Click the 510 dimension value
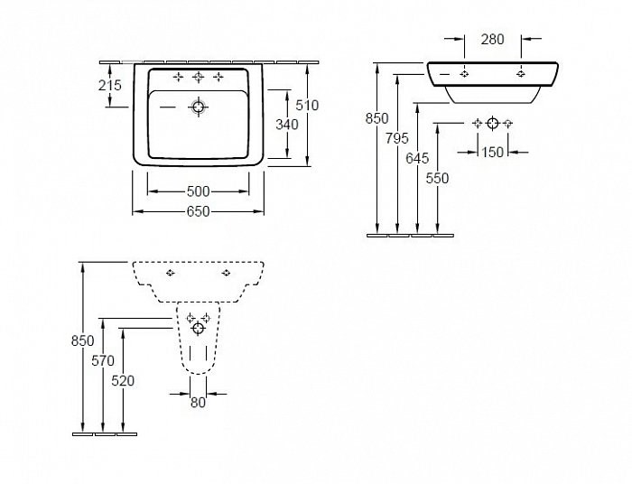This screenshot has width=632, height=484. tap(308, 106)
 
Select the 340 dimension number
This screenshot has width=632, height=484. tap(286, 125)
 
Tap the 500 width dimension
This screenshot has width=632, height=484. tap(198, 191)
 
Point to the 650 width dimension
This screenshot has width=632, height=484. tap(198, 212)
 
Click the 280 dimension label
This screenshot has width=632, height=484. tap(492, 39)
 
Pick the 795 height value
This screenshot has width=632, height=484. tap(397, 138)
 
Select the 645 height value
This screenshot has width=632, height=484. tap(417, 158)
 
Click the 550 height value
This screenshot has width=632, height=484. tap(437, 179)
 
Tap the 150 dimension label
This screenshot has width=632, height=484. tap(492, 153)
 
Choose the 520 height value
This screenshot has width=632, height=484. tap(123, 381)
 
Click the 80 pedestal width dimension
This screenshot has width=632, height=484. tap(198, 403)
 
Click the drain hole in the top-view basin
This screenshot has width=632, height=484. tap(198, 107)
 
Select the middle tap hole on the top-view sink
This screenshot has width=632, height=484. tap(198, 77)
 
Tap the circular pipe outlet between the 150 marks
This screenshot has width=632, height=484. tap(492, 123)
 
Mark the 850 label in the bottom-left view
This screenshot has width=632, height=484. tap(82, 340)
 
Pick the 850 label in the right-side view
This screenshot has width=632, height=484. tap(376, 118)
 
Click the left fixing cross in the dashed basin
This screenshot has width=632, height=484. tap(171, 272)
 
